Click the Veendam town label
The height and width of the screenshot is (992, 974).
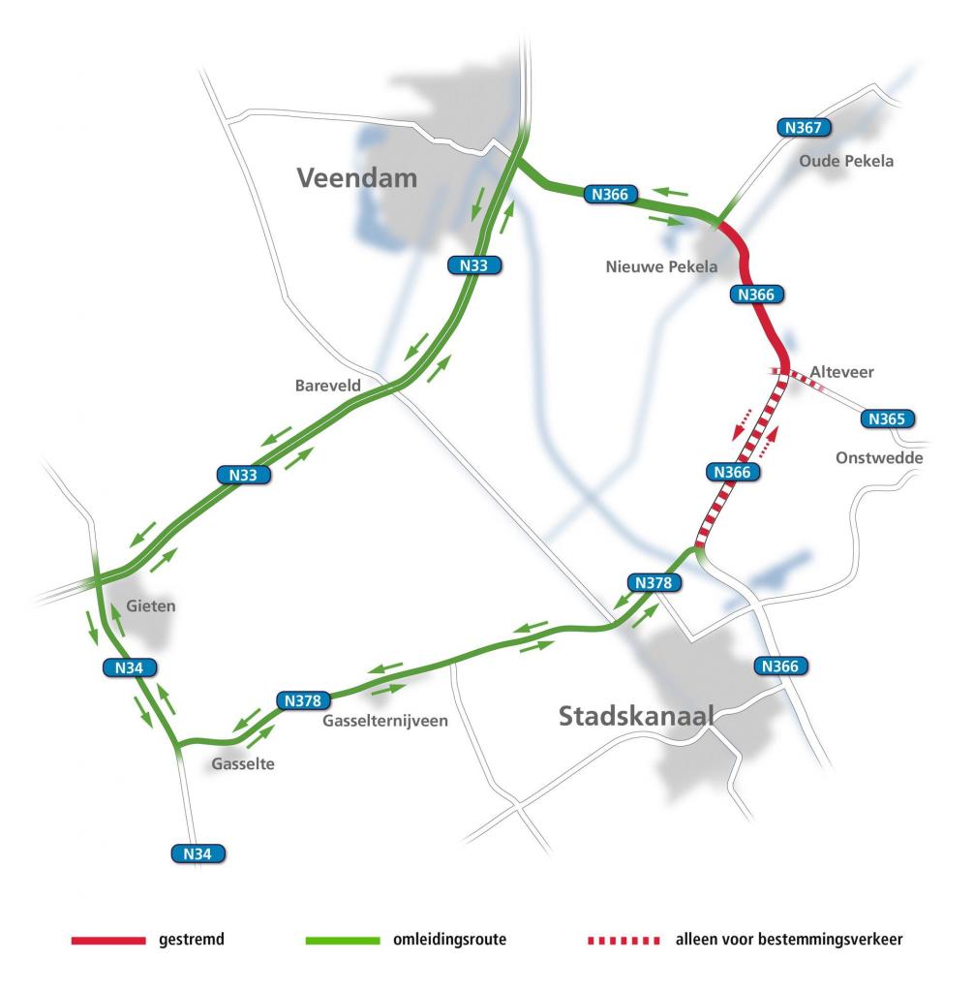click(357, 178)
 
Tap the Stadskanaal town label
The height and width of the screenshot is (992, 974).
click(636, 717)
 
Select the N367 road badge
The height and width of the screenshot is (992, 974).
click(803, 128)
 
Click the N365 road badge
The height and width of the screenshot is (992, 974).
click(886, 419)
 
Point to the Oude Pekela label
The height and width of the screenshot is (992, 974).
click(846, 161)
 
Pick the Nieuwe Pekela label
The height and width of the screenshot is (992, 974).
click(661, 266)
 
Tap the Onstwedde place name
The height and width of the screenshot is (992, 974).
click(879, 458)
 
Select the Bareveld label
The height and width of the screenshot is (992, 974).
click(327, 386)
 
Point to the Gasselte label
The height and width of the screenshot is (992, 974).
click(243, 764)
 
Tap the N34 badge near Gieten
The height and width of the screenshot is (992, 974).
click(129, 667)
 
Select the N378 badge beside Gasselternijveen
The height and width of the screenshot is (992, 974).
click(304, 699)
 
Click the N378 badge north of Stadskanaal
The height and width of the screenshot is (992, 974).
click(654, 582)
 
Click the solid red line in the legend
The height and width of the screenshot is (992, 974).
click(107, 940)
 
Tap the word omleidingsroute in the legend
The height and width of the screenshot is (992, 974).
click(449, 940)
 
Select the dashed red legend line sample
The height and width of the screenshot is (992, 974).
click(624, 940)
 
